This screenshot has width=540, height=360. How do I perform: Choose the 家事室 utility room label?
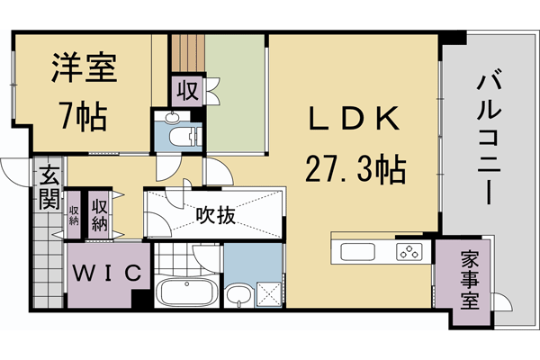tap(464, 279)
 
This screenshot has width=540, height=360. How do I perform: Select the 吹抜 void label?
tap(215, 215)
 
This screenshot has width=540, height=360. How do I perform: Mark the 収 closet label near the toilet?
tap(188, 90)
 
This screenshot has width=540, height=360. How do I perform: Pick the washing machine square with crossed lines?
tap(269, 292)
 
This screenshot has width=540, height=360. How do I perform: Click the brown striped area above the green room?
tap(188, 54)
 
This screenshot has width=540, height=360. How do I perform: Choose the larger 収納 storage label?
tap(100, 213)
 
